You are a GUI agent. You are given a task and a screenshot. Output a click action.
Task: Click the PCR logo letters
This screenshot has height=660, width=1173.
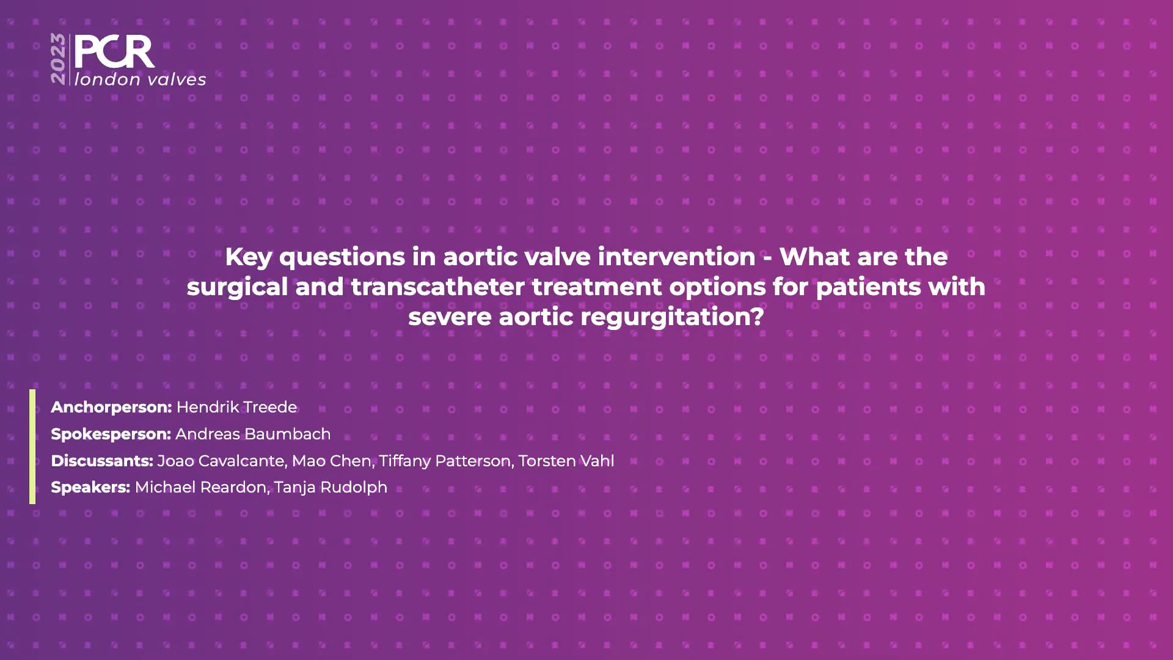coord(114,52)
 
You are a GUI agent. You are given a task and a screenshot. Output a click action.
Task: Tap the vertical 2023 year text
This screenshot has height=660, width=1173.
coord(59,59)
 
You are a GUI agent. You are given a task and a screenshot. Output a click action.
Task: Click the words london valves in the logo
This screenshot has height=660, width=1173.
coord(140,79)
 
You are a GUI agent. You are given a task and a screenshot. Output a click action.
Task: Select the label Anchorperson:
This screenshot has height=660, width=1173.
coord(111,407)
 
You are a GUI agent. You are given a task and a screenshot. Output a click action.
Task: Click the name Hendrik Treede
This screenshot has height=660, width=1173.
coord(237,407)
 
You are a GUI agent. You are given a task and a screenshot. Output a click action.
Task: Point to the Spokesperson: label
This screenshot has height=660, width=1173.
coord(111,434)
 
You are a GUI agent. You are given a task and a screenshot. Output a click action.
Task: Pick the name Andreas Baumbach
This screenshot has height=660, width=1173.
coord(253,434)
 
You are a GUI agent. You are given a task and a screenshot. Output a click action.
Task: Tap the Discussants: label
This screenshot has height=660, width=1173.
coord(101,461)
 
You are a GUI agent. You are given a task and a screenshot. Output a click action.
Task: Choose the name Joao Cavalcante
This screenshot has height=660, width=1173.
coord(221,461)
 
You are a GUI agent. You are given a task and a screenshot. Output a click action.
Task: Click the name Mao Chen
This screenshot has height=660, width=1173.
coord(332,461)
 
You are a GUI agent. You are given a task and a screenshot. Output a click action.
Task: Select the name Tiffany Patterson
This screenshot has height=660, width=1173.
coord(445,461)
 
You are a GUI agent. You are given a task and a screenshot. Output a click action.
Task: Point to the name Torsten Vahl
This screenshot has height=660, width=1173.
coord(566,461)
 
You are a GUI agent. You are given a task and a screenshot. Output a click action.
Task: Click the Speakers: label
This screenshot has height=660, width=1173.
coord(90,488)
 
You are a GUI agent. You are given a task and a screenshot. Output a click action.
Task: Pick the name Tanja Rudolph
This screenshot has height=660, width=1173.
coord(331,488)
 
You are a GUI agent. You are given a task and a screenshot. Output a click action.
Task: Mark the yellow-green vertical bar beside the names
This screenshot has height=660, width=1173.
coord(32,447)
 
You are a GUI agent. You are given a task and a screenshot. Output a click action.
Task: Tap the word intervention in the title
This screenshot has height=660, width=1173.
coord(676,257)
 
